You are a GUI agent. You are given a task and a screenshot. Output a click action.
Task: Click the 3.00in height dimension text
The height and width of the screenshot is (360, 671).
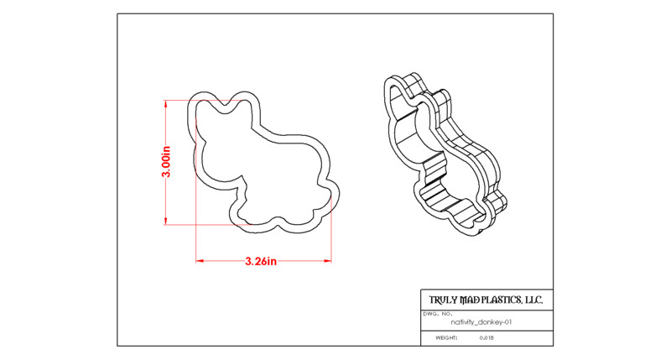[x=166, y=161]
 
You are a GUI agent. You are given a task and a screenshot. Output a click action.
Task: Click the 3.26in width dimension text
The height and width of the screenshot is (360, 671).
[x=261, y=261]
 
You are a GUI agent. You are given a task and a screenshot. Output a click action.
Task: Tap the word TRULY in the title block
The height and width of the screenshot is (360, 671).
[x=444, y=300]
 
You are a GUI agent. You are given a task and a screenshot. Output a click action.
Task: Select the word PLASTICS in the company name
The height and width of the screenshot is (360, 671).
[x=502, y=300]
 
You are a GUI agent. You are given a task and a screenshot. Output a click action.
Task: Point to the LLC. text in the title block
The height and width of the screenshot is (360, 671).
[x=534, y=300]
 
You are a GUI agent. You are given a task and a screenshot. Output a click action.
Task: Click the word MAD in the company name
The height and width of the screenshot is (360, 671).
[x=470, y=300]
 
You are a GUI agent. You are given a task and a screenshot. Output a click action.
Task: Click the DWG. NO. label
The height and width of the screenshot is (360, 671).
[x=434, y=314]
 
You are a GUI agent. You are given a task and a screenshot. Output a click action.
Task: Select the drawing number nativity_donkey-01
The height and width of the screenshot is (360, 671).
[x=481, y=322]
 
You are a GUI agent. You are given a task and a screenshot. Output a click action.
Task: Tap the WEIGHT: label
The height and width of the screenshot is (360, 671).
[x=446, y=337]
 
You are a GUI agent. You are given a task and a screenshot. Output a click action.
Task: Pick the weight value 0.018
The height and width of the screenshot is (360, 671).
[x=486, y=337]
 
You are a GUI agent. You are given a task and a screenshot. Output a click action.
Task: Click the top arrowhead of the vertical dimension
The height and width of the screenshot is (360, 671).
[x=165, y=102]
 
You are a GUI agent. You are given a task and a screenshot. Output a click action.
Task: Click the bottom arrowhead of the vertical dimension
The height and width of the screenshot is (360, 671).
[x=165, y=222]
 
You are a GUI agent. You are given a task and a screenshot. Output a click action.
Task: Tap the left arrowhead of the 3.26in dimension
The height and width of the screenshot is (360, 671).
[x=199, y=260]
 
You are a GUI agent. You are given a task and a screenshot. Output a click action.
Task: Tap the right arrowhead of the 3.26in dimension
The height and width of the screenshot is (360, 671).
[x=329, y=260]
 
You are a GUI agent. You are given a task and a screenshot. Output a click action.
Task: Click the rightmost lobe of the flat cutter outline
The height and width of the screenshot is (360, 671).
[x=338, y=198]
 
